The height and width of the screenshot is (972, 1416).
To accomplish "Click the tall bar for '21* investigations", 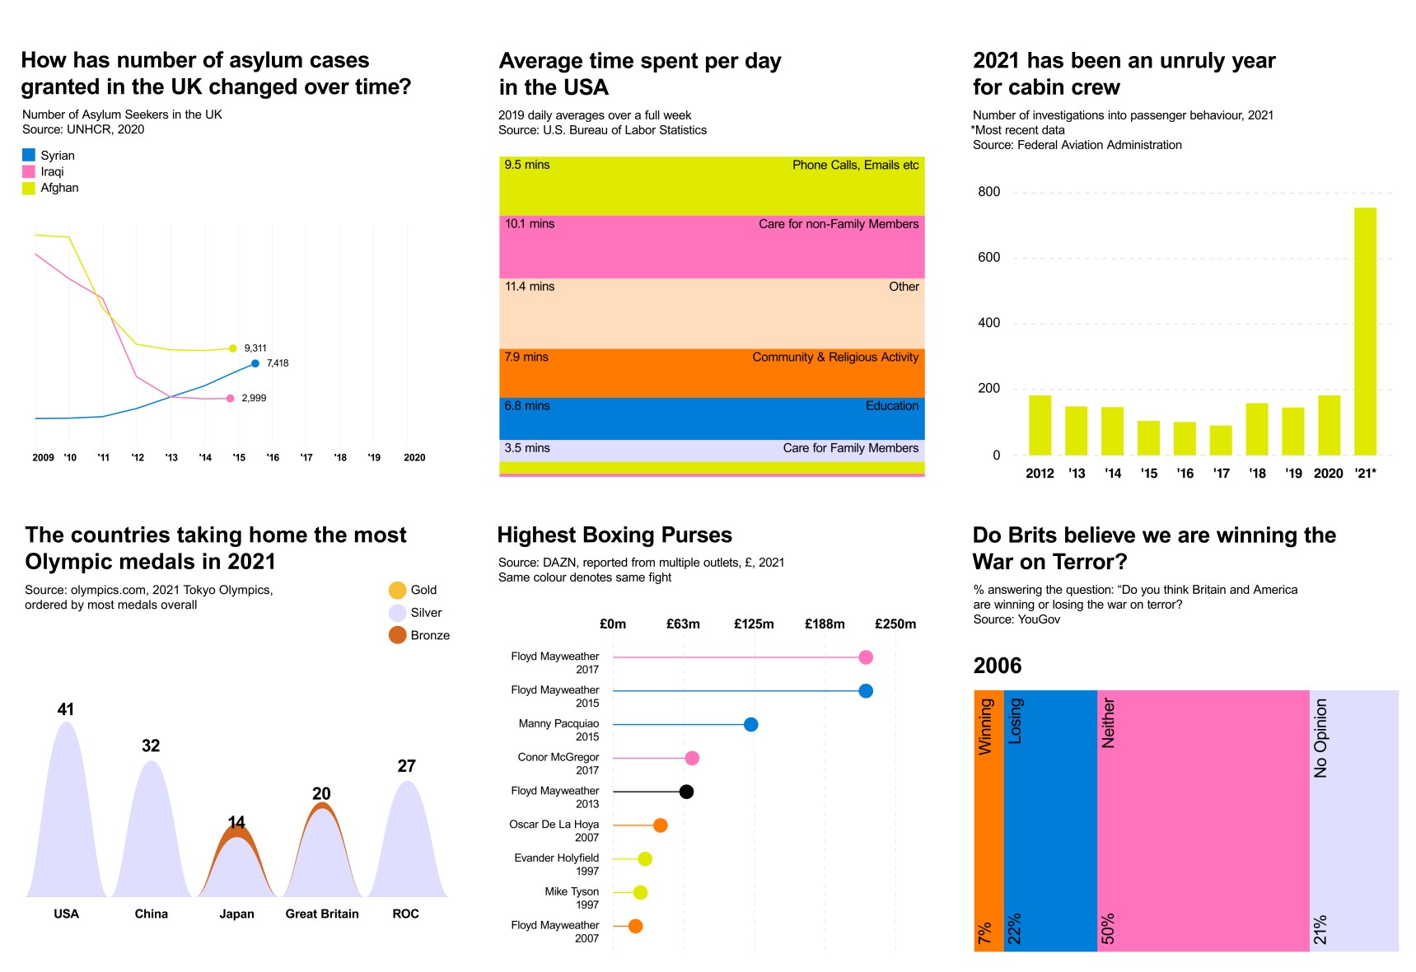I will point(1364,331).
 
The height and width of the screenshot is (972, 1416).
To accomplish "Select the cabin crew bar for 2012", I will point(1040,425).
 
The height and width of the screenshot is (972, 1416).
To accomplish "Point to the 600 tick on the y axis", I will point(988,257).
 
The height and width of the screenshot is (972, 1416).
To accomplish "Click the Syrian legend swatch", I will point(29,155).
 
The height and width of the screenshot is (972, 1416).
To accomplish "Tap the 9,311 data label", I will point(255,348).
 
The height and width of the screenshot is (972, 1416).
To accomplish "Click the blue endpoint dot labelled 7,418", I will point(255,363).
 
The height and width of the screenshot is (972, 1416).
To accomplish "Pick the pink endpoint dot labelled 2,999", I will point(230,399).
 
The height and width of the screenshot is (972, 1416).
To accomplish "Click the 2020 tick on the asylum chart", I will point(414,457).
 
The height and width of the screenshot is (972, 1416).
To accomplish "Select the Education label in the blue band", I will point(891,406).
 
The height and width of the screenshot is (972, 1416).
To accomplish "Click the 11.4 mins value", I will point(530,287).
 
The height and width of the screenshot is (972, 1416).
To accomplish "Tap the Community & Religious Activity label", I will point(834,357).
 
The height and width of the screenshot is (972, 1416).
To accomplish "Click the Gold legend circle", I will point(397,590).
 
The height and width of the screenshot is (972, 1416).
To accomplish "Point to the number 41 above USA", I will point(66,709).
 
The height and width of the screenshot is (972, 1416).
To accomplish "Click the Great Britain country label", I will point(322,914).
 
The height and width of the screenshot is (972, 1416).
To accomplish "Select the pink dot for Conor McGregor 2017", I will point(692,758).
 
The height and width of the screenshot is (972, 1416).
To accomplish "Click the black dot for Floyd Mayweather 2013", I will point(686,792).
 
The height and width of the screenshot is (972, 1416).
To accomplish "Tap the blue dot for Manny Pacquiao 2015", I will point(750,725).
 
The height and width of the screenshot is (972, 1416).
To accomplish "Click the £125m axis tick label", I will point(754,624).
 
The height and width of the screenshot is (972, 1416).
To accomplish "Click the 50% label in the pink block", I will point(1108,928).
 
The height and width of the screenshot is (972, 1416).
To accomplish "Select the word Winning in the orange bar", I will point(985,727).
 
